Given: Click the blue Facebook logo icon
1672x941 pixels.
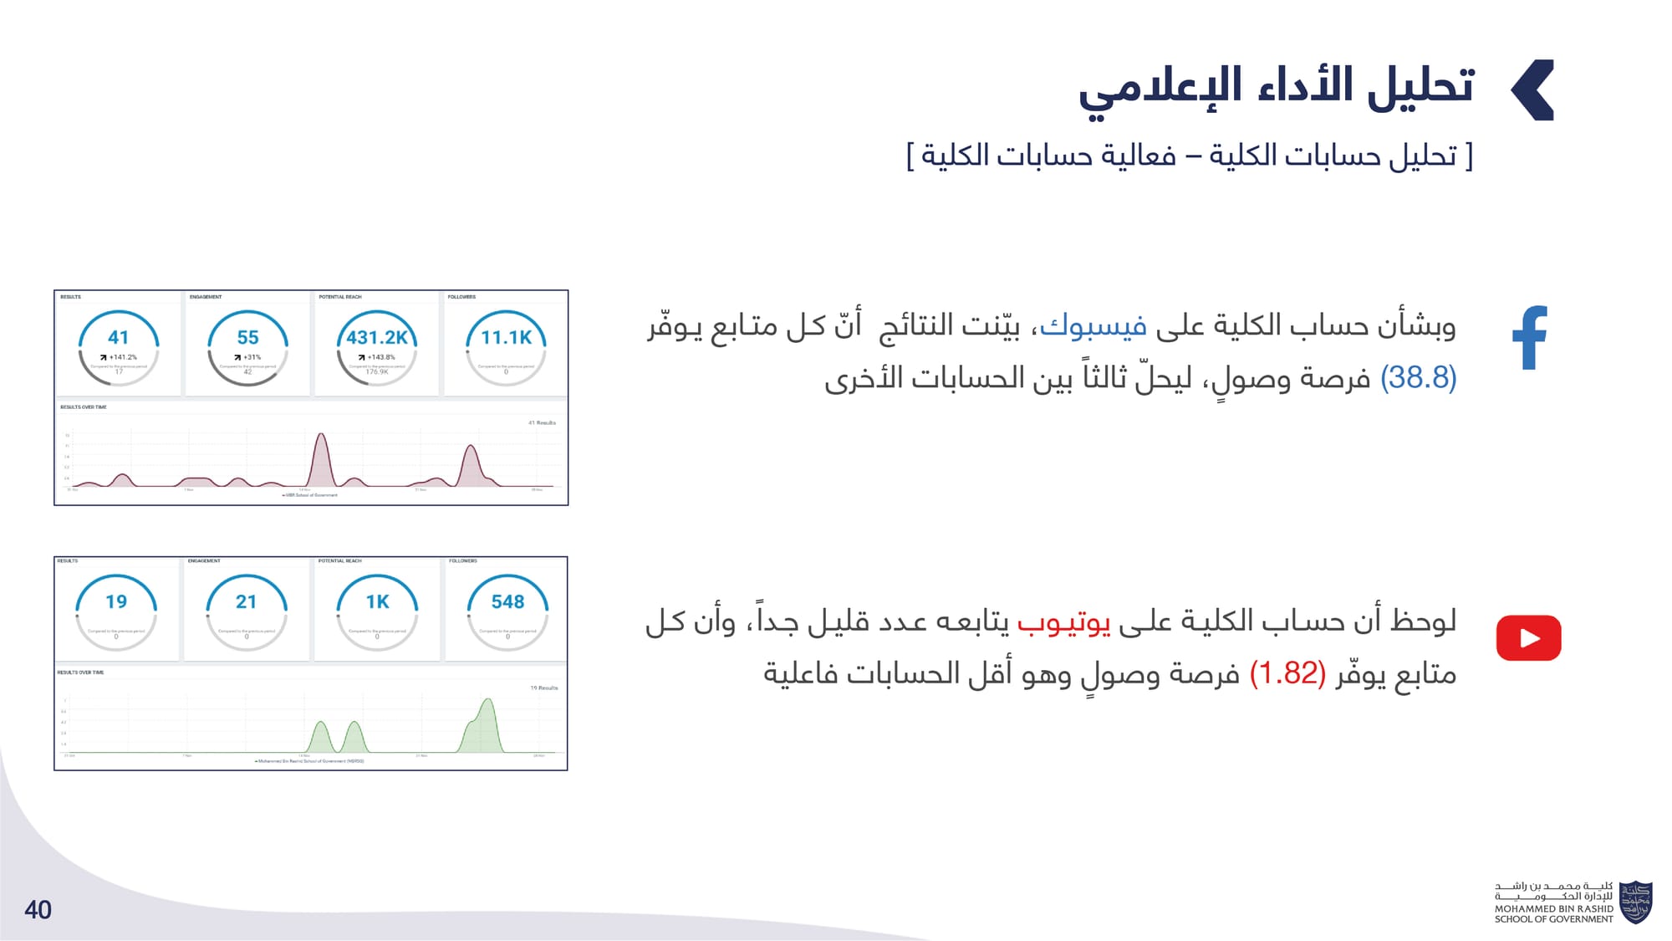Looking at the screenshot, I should (x=1531, y=338).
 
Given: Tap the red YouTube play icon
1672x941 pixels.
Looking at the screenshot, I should (x=1528, y=638).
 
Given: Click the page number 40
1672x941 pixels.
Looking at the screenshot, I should (x=38, y=910).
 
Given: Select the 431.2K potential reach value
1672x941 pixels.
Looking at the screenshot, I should (x=377, y=338).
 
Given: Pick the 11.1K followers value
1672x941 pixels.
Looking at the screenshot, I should (x=506, y=338).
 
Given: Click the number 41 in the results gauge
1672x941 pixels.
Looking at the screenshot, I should (x=119, y=338).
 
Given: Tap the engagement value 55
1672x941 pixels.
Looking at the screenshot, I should (x=247, y=338).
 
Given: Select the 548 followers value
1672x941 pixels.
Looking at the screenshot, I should (x=507, y=602).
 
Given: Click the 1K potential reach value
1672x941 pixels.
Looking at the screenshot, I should (x=377, y=602).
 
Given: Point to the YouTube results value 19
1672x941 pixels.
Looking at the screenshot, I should (x=116, y=602).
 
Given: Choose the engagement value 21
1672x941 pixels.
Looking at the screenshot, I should (x=246, y=602).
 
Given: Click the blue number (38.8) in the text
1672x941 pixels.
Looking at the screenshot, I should (x=1418, y=378).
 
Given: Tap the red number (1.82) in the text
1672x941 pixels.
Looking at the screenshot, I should (x=1287, y=673).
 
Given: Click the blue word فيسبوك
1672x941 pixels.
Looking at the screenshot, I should (x=1093, y=325).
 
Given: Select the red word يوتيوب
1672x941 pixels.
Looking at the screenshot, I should (x=1063, y=621).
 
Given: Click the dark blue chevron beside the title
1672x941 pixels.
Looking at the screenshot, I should (x=1533, y=90).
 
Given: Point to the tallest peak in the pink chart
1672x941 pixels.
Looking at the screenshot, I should (x=320, y=436).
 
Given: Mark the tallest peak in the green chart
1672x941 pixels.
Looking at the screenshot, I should (x=488, y=701).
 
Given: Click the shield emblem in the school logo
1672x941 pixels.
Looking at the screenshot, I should (x=1635, y=903).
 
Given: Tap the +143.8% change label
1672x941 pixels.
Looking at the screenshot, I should (x=377, y=357).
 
